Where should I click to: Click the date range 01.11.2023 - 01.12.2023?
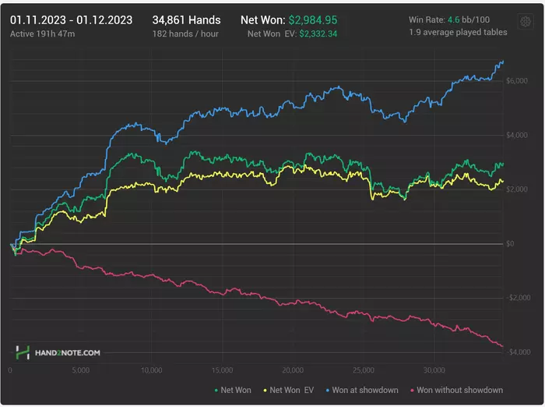point(71,19)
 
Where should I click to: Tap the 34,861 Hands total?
point(186,19)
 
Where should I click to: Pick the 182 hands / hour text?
point(186,34)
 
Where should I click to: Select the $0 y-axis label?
point(511,244)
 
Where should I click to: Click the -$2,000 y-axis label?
point(515,298)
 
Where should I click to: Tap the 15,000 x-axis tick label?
point(222,370)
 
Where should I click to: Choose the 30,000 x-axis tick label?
point(434,370)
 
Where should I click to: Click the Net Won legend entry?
point(234,390)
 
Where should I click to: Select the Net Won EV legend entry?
point(289,390)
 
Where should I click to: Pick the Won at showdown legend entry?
point(361,390)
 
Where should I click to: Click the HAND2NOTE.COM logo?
point(58,352)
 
